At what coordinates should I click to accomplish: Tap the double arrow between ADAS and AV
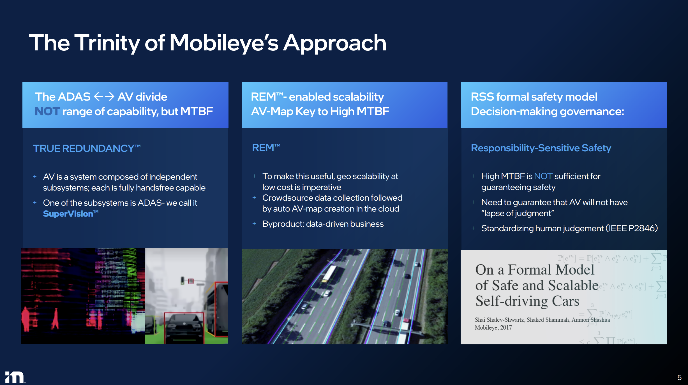tap(104, 97)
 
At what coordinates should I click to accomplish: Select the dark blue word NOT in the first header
tap(47, 112)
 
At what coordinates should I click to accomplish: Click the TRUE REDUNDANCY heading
tap(86, 148)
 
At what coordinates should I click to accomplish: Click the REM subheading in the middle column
tap(266, 148)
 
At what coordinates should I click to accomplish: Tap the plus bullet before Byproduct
tap(254, 224)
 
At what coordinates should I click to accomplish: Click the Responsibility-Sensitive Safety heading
tap(541, 148)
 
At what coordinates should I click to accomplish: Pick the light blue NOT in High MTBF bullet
tap(543, 176)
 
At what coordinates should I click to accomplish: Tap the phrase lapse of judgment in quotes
tap(518, 214)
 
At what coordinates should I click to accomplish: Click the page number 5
tap(679, 377)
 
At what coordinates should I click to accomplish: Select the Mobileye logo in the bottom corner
tap(15, 377)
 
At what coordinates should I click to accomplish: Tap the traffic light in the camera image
tap(183, 280)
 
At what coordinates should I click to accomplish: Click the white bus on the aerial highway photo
tap(329, 273)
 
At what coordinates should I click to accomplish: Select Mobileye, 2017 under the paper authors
tap(493, 328)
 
